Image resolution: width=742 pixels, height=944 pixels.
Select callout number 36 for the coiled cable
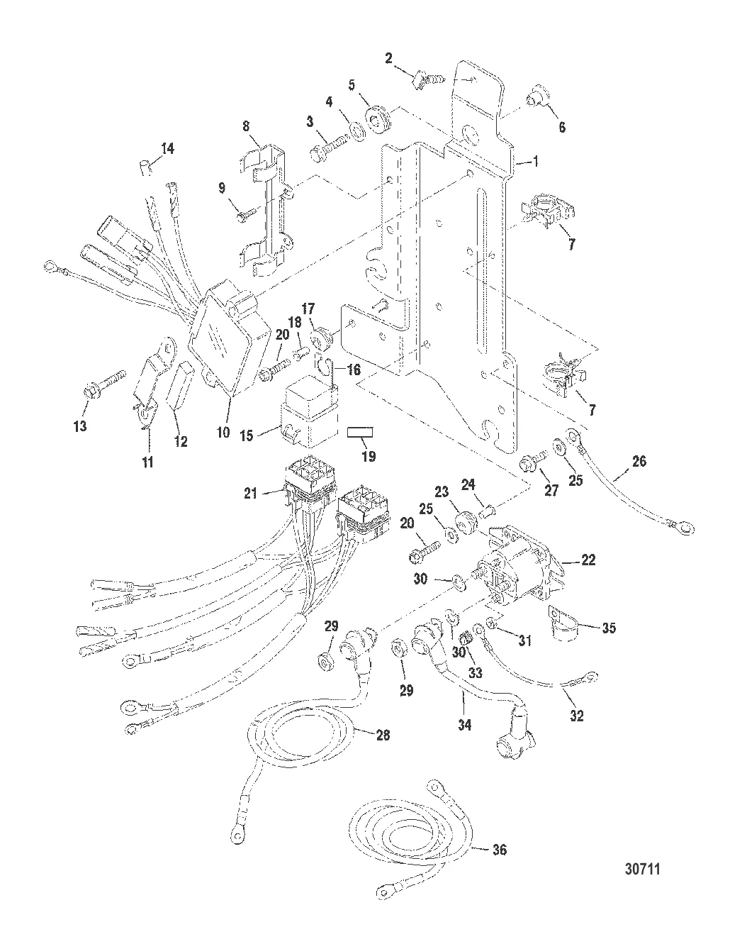[500, 850]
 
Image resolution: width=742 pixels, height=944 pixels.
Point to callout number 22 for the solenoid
[588, 560]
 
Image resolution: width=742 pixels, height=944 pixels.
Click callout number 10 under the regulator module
[223, 431]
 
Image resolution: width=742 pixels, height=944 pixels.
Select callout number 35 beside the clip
[609, 628]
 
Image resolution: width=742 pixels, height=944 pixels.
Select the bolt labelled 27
[532, 465]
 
